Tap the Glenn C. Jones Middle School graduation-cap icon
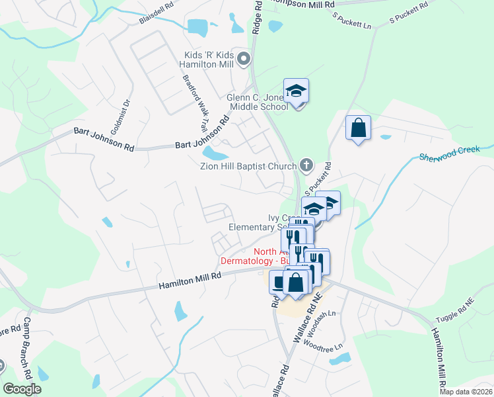(x=297, y=91)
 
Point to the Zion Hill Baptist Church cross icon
(x=306, y=165)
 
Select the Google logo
(x=22, y=388)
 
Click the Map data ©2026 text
(x=466, y=392)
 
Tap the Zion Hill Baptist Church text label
(x=247, y=166)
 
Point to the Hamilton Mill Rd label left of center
(x=190, y=281)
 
